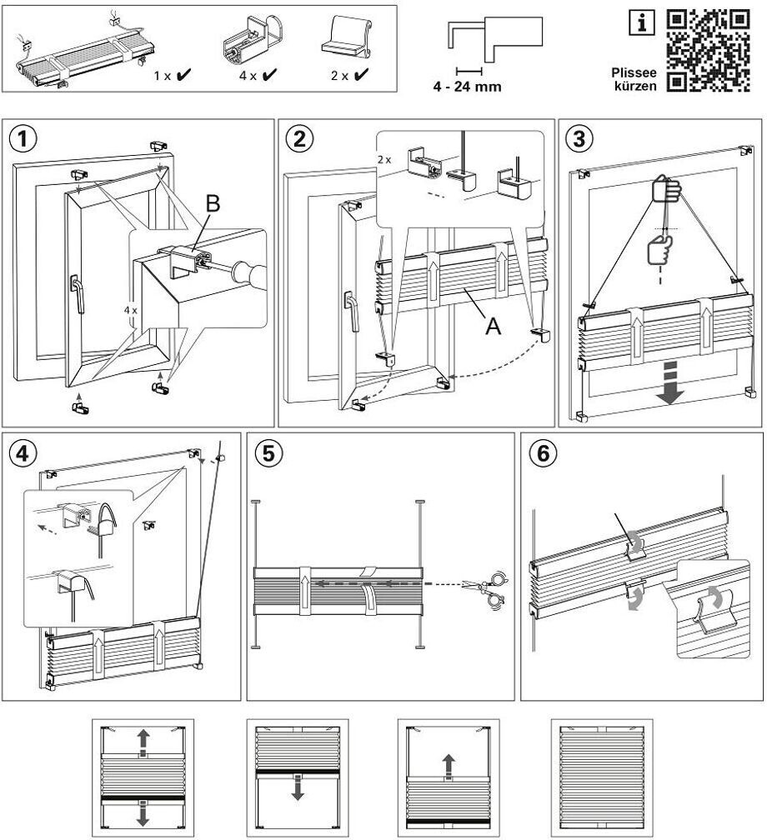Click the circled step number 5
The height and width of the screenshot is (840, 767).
(x=268, y=453)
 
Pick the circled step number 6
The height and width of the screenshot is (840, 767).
(x=543, y=453)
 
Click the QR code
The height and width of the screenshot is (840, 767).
(x=709, y=49)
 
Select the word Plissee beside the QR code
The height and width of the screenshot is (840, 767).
(x=634, y=72)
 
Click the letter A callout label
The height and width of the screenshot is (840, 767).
(x=494, y=327)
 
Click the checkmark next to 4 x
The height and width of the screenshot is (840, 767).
(x=270, y=75)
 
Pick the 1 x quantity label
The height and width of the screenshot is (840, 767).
(x=163, y=75)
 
